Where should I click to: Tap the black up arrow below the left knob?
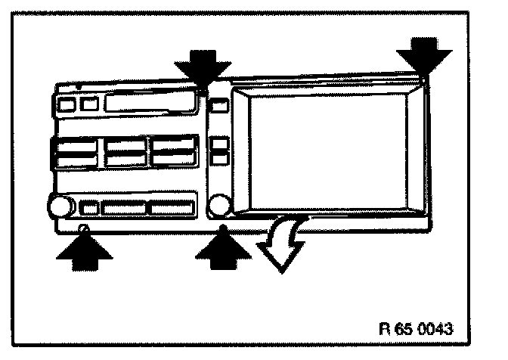[85, 248]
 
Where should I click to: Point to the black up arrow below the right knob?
[222, 248]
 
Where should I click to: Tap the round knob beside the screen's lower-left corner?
[221, 205]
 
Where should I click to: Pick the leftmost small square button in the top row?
[66, 104]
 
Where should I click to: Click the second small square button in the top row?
[89, 104]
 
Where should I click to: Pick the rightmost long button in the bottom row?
[172, 206]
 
